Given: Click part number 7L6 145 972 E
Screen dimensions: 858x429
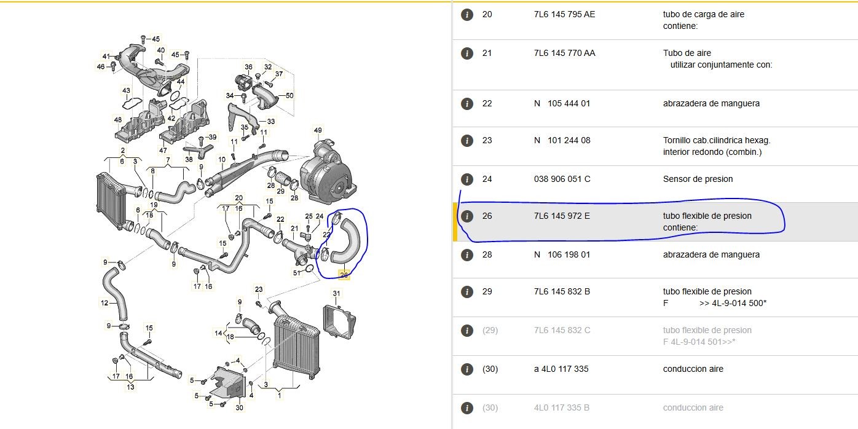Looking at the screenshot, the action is [x=562, y=216].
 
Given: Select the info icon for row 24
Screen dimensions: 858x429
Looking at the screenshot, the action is [x=466, y=179].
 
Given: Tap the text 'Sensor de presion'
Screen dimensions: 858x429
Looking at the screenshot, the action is [x=698, y=179].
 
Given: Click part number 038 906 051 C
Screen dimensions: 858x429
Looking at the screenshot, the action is [x=562, y=179].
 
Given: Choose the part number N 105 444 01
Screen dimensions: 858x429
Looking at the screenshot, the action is [x=562, y=103].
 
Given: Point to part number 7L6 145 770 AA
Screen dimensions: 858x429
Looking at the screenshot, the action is [x=565, y=53].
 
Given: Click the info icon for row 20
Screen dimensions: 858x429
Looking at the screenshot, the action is [x=466, y=15].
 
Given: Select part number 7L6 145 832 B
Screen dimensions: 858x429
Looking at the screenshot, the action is [x=562, y=291].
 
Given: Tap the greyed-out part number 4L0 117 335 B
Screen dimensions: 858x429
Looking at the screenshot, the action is [x=562, y=407].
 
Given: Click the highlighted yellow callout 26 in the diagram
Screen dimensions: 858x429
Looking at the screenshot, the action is [x=344, y=275].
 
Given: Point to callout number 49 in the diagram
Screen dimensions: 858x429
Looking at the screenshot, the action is [x=318, y=130].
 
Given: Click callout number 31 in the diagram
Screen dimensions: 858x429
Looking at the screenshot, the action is [x=336, y=293].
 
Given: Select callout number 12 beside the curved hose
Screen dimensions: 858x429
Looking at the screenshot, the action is [x=104, y=303].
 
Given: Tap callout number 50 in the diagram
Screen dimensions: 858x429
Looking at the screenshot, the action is [x=289, y=95].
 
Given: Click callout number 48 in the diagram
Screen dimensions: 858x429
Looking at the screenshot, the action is [x=117, y=120].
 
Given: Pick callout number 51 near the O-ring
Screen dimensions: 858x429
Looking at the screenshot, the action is [x=297, y=273].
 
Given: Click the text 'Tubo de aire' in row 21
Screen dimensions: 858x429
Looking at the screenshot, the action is [x=687, y=53].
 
